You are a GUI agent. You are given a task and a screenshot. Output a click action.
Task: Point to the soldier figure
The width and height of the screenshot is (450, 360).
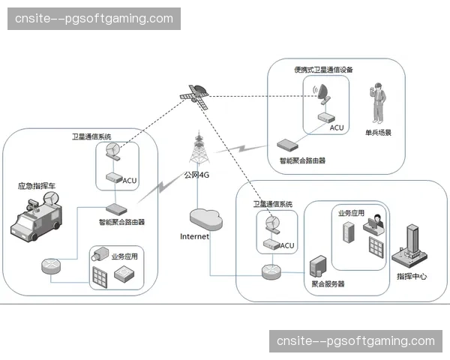click(379, 104)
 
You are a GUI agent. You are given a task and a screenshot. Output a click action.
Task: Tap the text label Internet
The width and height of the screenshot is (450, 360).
click(195, 236)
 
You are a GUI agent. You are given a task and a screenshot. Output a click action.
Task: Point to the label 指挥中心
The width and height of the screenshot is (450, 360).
click(412, 277)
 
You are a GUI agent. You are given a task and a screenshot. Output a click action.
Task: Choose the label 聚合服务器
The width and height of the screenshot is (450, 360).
click(328, 284)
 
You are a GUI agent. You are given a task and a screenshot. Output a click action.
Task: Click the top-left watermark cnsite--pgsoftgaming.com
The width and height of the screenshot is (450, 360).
click(95, 18)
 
